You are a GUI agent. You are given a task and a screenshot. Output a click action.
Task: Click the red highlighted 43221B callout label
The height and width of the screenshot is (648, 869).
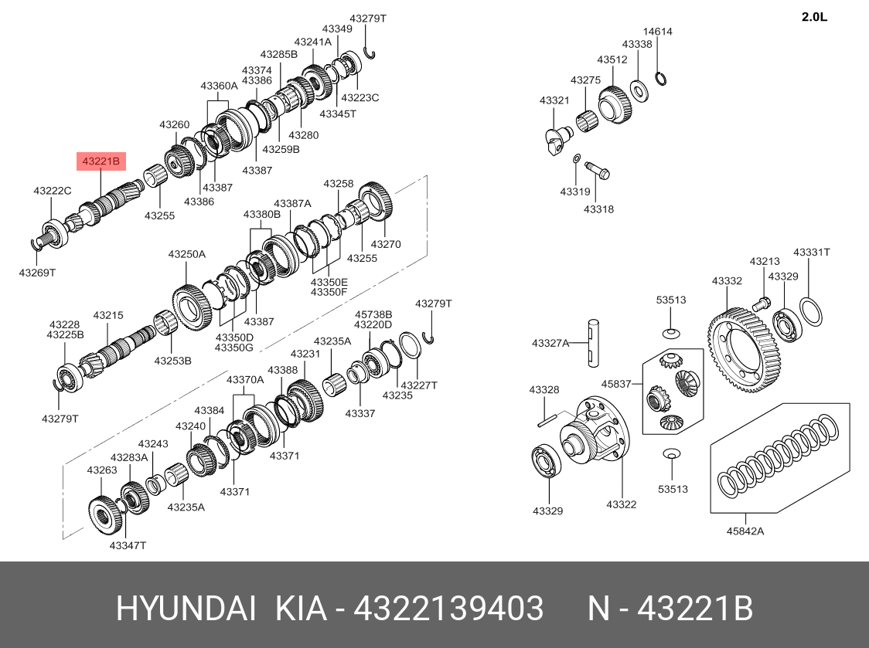[x=101, y=161]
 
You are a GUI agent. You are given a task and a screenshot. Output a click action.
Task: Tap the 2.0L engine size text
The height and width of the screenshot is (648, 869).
[x=814, y=17]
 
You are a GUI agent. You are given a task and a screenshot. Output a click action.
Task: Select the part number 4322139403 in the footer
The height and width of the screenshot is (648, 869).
[x=448, y=609]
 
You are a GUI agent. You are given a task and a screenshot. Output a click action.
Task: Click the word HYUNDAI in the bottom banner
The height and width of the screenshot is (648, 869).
[x=186, y=609]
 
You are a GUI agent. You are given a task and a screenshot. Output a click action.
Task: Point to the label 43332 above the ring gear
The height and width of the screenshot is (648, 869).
[x=727, y=281]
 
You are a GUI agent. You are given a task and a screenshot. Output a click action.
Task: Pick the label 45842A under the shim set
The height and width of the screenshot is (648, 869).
[x=745, y=531]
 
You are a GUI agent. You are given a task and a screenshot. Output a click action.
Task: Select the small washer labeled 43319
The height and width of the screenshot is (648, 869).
[x=575, y=159]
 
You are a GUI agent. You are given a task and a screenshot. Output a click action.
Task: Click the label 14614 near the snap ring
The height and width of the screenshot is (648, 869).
[x=658, y=32]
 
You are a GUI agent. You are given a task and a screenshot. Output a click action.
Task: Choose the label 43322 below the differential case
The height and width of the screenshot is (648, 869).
[x=621, y=504]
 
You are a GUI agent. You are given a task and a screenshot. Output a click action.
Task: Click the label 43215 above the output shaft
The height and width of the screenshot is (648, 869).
[x=108, y=315]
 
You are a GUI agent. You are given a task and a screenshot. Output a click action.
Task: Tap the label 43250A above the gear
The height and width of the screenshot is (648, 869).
[x=187, y=254]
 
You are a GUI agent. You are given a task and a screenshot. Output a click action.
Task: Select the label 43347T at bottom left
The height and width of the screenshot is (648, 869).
[x=128, y=545]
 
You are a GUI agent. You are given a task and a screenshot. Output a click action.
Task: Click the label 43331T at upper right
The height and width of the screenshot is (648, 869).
[x=812, y=253]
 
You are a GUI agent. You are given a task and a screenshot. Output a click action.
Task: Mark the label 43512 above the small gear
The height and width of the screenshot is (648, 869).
[x=612, y=59]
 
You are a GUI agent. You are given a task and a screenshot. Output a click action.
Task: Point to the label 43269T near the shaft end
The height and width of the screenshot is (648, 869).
[x=38, y=272]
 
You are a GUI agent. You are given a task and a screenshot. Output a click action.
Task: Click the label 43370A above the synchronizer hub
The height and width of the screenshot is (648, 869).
[x=245, y=379]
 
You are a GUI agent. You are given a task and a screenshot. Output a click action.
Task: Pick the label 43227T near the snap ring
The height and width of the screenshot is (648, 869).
[x=420, y=385]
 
